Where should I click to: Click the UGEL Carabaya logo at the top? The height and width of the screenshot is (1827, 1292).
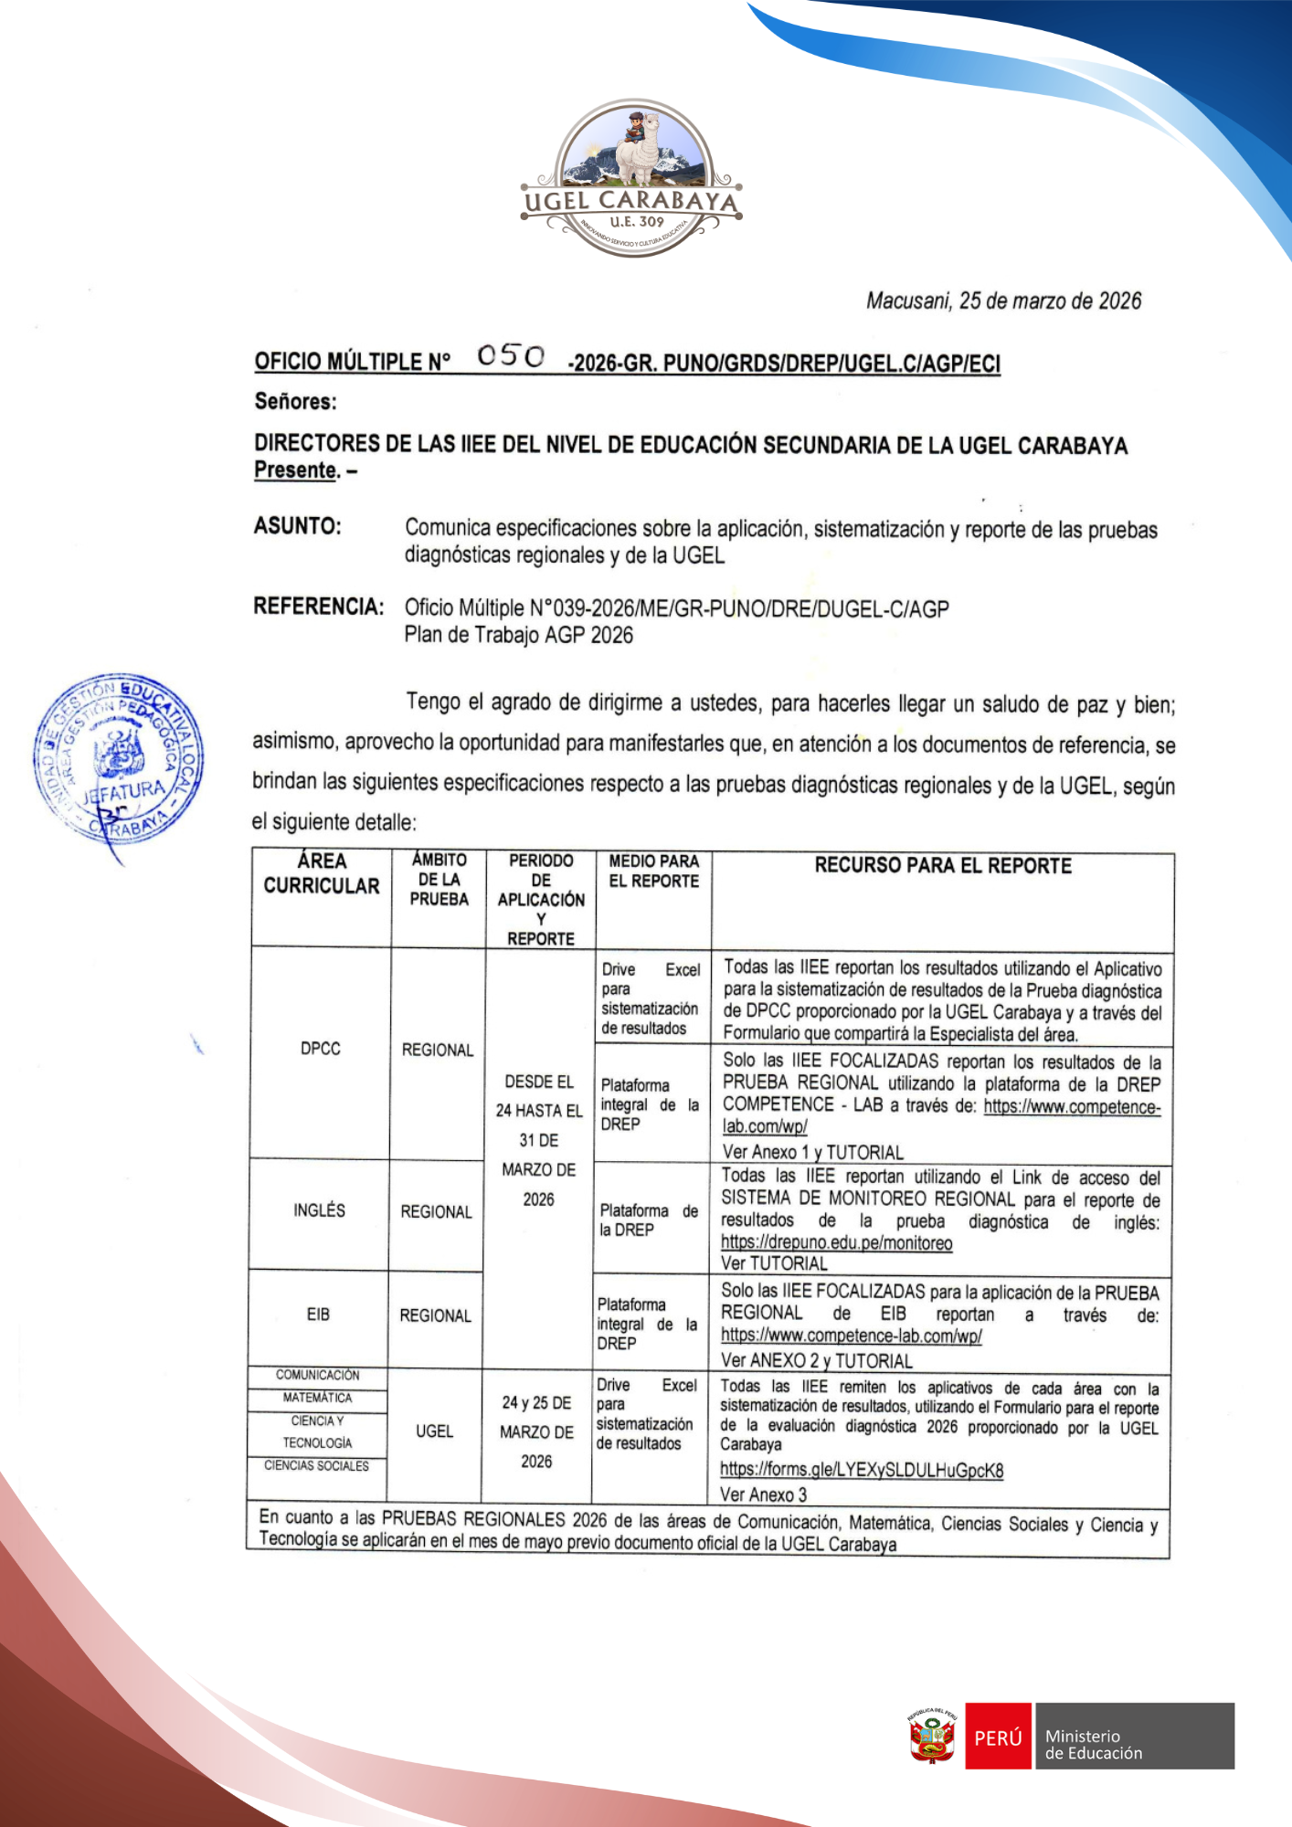[x=631, y=179]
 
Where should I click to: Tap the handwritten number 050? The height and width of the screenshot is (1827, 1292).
[x=511, y=355]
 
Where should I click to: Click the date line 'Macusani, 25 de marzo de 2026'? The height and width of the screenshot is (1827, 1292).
[x=1003, y=301]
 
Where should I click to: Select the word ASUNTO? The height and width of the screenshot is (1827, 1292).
[x=298, y=526]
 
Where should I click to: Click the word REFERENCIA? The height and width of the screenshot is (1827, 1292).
[x=319, y=607]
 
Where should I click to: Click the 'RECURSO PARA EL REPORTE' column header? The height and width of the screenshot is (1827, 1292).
[x=943, y=866]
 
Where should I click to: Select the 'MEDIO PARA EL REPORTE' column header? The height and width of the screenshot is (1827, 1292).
[x=653, y=871]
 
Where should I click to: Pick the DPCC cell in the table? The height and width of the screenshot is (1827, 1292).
[x=321, y=1049]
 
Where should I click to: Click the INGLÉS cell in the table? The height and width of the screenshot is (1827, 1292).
[x=319, y=1210]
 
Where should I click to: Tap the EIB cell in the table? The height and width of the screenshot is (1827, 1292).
[x=318, y=1315]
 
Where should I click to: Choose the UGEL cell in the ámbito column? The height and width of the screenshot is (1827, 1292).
[x=434, y=1431]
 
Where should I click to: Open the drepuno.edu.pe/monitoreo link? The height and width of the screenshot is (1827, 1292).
[x=836, y=1242]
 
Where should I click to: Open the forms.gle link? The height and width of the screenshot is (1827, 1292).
[x=862, y=1470]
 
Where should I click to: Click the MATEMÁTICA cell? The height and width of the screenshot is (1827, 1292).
[x=317, y=1398]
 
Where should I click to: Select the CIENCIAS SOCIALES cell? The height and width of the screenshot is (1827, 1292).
[x=317, y=1466]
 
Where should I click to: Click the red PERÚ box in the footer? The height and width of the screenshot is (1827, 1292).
[x=998, y=1737]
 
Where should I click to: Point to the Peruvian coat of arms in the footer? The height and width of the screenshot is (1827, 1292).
[x=932, y=1737]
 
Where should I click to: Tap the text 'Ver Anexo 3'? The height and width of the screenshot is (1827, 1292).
[x=763, y=1494]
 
